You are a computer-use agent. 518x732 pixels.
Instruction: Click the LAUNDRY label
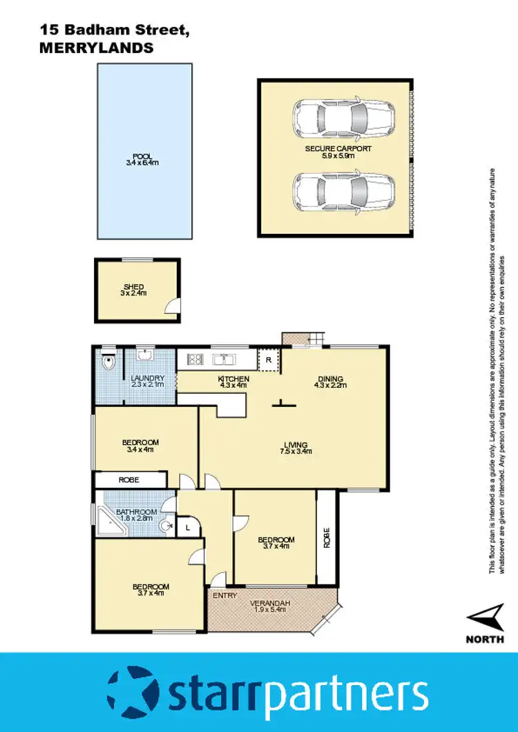(147, 378)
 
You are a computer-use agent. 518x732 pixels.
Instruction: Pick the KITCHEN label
(233, 379)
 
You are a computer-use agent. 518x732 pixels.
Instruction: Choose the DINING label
(330, 378)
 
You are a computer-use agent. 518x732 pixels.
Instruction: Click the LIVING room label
(294, 445)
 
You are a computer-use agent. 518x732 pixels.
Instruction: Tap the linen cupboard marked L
(188, 527)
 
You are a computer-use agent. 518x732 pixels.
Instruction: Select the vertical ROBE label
(327, 538)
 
